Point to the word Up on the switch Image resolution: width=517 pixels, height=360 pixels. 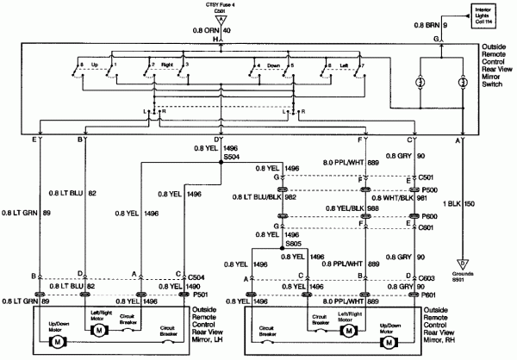pos(95,64)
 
